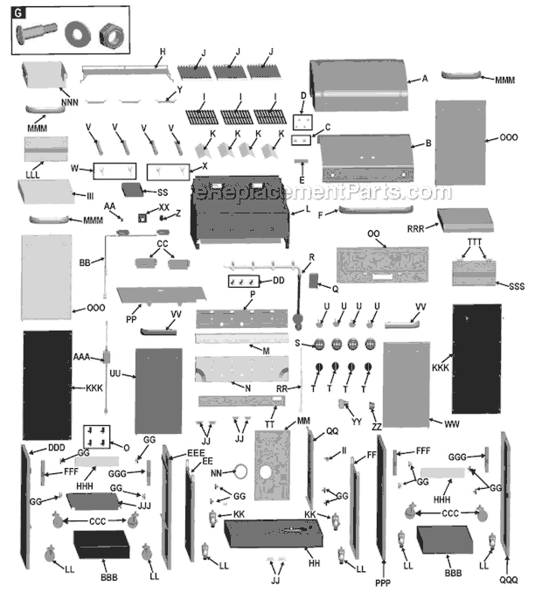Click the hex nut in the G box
click(x=112, y=36)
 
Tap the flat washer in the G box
click(x=78, y=33)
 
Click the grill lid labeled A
click(x=358, y=85)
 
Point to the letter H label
click(x=163, y=52)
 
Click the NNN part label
click(x=70, y=102)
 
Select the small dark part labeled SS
click(x=132, y=189)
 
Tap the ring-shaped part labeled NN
click(x=241, y=471)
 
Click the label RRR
click(x=416, y=229)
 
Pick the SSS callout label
click(x=517, y=286)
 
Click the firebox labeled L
click(x=240, y=212)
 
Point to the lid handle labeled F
click(x=376, y=209)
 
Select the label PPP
click(x=383, y=583)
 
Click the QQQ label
click(x=509, y=580)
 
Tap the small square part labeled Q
click(x=313, y=281)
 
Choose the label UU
click(x=115, y=373)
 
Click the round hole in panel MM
click(x=266, y=471)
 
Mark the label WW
click(x=452, y=424)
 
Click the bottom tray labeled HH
click(x=273, y=533)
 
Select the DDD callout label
click(x=57, y=448)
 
